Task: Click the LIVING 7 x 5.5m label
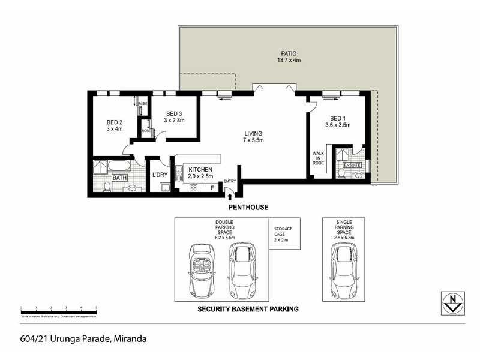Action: [254, 137]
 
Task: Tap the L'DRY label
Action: [160, 175]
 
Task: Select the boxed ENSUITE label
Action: [352, 164]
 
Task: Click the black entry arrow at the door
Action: [229, 191]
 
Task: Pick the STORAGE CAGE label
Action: [283, 233]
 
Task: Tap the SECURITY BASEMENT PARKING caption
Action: [248, 310]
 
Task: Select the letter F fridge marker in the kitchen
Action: [211, 188]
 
